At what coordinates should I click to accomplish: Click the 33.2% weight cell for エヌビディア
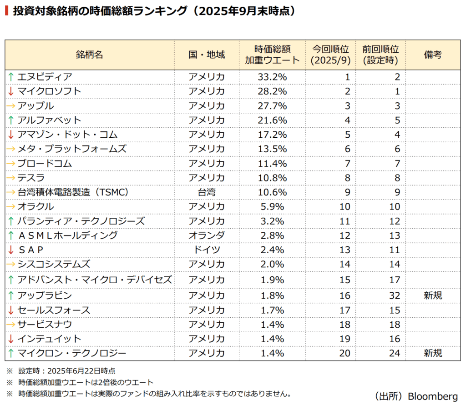click(272, 77)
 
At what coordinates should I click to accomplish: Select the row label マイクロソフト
click(49, 91)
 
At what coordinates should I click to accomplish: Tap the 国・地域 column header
click(207, 55)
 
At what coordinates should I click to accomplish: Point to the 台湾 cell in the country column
click(207, 192)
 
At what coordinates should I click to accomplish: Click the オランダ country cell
click(207, 235)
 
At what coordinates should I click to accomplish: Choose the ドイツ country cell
click(207, 250)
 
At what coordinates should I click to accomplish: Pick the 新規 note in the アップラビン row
click(433, 296)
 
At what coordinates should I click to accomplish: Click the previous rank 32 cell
click(394, 296)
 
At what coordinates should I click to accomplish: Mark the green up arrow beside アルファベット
click(11, 120)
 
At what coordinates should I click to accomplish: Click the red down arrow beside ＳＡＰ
click(11, 250)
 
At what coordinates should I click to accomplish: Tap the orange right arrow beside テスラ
click(11, 178)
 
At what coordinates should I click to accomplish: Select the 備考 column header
click(433, 55)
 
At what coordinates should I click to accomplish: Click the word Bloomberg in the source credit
click(433, 396)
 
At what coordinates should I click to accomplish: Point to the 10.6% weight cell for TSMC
click(272, 192)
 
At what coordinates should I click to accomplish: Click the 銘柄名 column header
click(90, 55)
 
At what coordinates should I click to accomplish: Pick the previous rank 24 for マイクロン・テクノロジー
click(394, 353)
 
